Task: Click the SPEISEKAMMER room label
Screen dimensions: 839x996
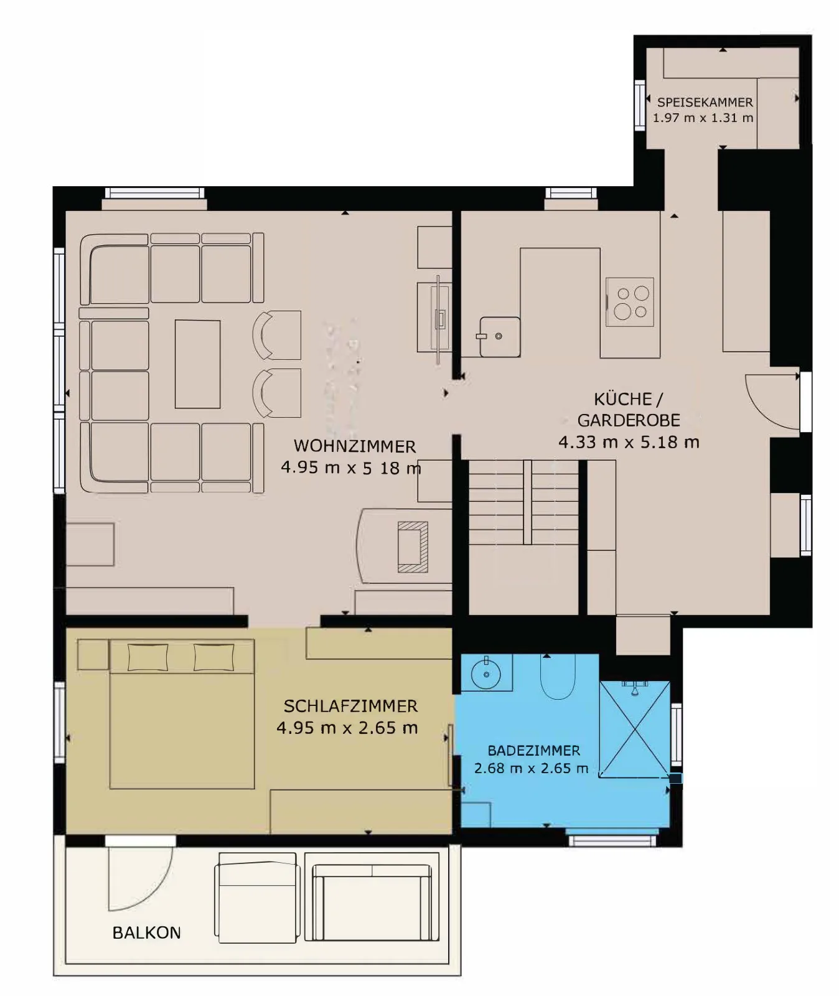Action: point(705,102)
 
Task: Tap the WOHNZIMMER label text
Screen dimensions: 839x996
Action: point(355,446)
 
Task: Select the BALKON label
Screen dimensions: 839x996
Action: point(147,933)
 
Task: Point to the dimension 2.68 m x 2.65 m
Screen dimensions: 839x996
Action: point(532,768)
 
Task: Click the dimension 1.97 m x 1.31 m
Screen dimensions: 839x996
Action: point(703,118)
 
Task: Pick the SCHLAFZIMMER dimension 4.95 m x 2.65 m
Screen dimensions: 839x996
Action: point(347,728)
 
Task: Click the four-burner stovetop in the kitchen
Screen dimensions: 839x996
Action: point(630,302)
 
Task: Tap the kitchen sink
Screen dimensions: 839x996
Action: point(499,337)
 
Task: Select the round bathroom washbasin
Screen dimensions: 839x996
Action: point(485,672)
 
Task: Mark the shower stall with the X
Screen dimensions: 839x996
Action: point(635,730)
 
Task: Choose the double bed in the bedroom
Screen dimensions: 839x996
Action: point(182,714)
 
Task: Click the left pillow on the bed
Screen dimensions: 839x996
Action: point(148,657)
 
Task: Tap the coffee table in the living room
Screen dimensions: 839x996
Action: point(198,364)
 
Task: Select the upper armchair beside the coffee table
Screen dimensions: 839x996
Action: point(277,335)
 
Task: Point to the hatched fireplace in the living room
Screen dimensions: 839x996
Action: point(413,547)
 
